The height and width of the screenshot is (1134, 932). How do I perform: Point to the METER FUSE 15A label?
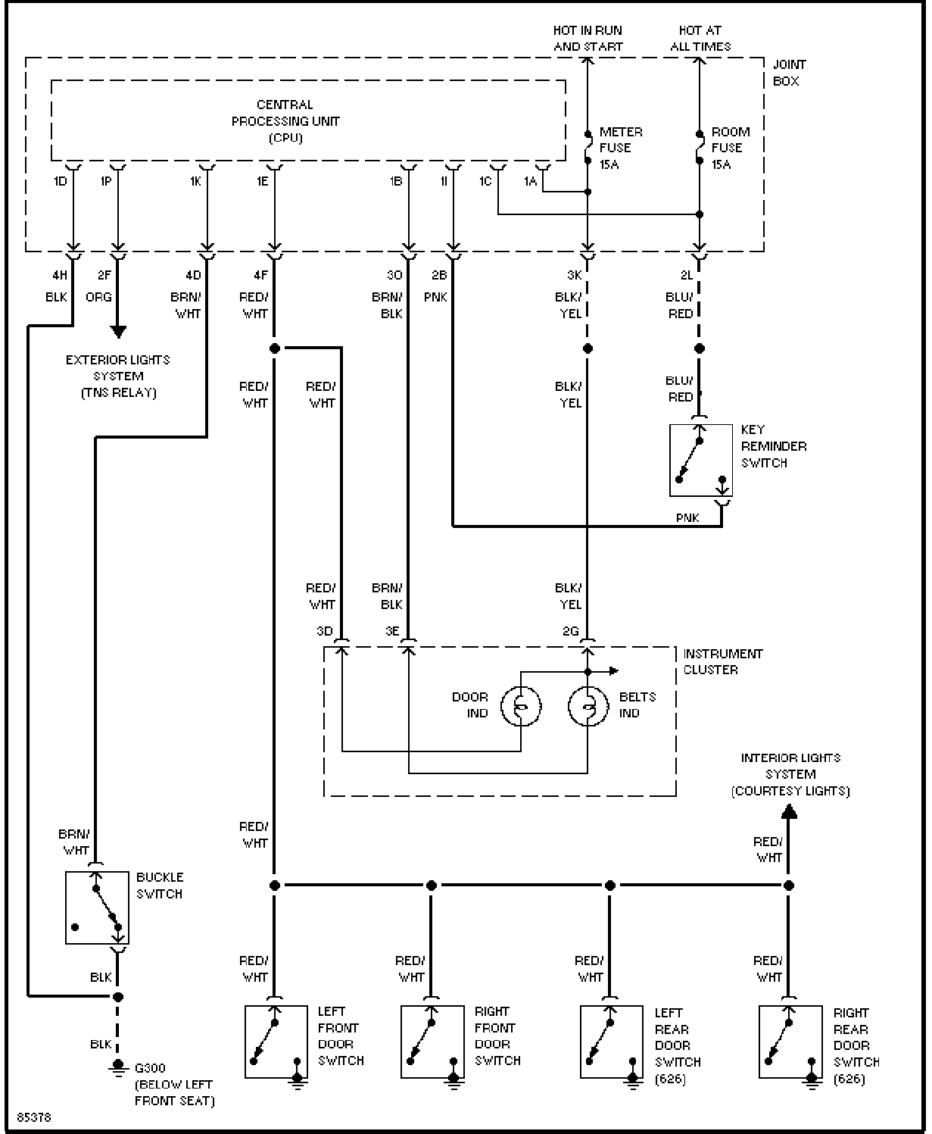pyautogui.click(x=621, y=148)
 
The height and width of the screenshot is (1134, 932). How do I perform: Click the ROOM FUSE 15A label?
pyautogui.click(x=731, y=148)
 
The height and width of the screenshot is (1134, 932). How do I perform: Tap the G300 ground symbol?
pyautogui.click(x=117, y=1068)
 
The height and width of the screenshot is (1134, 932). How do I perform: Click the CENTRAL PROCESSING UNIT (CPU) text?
pyautogui.click(x=285, y=121)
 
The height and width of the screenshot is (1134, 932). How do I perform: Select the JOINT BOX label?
pyautogui.click(x=789, y=73)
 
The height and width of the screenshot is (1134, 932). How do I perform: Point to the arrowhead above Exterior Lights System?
pyautogui.click(x=118, y=332)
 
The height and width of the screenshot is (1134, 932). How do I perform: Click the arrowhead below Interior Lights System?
pyautogui.click(x=788, y=811)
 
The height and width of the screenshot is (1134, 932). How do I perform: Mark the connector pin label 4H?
pyautogui.click(x=60, y=275)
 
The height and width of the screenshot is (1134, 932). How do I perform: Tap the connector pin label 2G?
pyautogui.click(x=570, y=631)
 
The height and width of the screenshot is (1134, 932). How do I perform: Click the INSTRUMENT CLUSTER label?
pyautogui.click(x=722, y=661)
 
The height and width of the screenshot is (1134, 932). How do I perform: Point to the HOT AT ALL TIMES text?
pyautogui.click(x=700, y=38)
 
